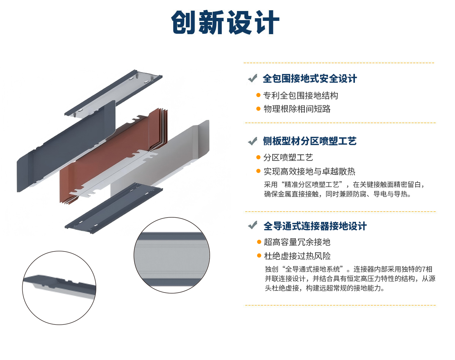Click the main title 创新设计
[225, 22]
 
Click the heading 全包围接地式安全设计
[310, 79]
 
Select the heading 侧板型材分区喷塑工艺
[310, 141]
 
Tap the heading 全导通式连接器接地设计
[315, 226]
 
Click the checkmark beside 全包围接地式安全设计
[253, 78]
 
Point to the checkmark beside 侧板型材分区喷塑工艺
[253, 141]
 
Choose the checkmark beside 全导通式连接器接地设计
[253, 225]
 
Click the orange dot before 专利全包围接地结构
[258, 95]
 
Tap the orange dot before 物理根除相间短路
[258, 109]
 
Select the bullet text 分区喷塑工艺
[288, 157]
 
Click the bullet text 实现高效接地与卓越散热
[309, 171]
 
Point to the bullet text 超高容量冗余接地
[297, 242]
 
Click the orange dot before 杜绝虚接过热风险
[259, 256]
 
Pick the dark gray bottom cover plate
[114, 208]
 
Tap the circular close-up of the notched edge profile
[59, 288]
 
